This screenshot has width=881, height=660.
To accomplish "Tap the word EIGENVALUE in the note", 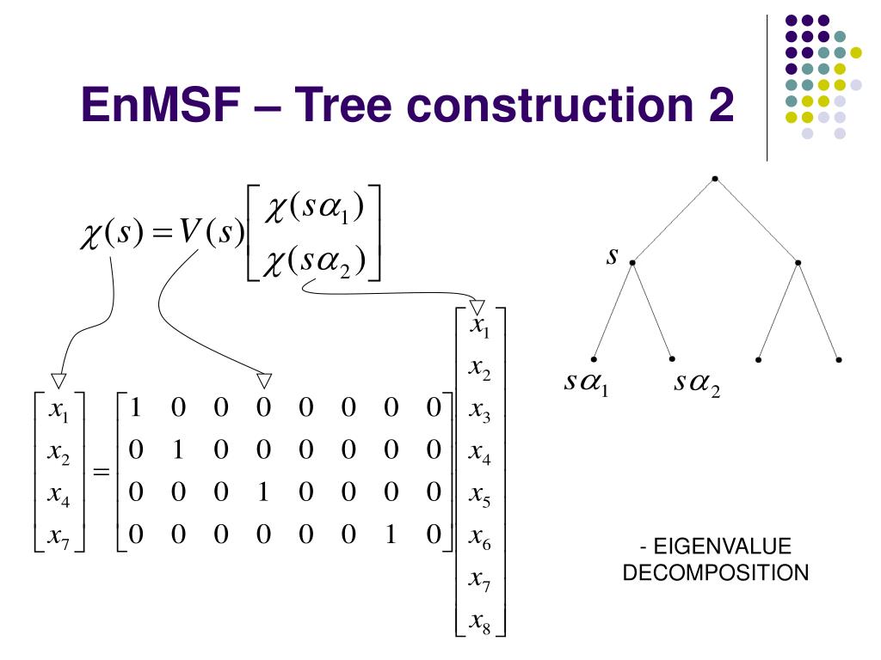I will point(722,547).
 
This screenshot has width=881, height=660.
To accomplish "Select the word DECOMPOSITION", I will point(715,572).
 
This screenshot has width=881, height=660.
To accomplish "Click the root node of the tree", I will point(715,179).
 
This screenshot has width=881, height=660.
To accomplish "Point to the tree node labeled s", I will point(632,261).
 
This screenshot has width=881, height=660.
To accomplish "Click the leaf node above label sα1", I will point(595,358).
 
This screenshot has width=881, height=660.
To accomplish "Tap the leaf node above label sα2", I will point(672,358).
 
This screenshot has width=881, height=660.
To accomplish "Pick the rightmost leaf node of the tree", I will point(839,358).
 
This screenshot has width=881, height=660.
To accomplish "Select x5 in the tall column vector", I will point(479,498).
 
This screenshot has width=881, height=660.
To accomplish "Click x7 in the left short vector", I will point(59,538).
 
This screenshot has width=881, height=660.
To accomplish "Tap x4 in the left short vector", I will point(59,496).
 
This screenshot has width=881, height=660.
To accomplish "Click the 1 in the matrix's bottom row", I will point(391,536).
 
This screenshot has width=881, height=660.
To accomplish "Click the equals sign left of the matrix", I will point(102,473).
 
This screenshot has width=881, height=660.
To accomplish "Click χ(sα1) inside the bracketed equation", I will point(315,209).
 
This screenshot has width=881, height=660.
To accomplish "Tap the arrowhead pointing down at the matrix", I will point(264,380).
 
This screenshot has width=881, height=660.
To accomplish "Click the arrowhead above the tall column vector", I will point(477,307).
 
